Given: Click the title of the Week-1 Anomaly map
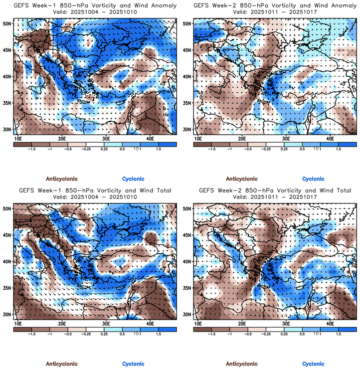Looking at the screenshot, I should point(94,5).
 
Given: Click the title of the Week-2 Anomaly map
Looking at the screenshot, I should point(274,5).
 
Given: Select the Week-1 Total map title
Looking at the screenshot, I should point(94,190).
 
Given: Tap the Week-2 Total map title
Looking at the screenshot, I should point(274,190).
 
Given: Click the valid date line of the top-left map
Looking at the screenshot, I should point(94,11).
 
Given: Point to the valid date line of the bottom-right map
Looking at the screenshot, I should point(274,197).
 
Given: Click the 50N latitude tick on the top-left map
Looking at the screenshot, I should point(8,23).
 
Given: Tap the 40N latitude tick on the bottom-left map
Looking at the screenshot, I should point(8,261).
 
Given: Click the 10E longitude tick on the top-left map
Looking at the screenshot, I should point(18,138).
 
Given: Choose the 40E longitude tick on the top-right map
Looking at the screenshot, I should point(330,138).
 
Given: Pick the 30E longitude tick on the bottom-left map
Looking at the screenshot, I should point(106,324).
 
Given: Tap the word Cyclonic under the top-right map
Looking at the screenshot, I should point(313,179).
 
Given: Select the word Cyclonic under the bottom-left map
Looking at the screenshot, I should point(133,364).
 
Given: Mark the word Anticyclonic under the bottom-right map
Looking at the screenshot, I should point(242,364).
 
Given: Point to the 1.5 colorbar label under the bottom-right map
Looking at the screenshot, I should point(338,334).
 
